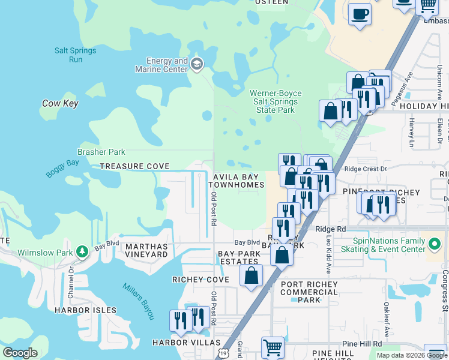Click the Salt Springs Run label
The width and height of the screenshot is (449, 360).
pos(75,55)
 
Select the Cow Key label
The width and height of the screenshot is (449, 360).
pos(60,104)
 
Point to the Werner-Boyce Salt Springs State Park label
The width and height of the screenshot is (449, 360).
pos(276,102)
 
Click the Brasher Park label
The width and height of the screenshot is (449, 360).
pos(97,152)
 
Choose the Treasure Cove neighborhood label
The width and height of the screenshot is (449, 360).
pos(134,166)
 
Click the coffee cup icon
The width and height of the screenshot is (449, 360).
pos(360,14)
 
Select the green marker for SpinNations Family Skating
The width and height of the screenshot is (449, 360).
pos(435,245)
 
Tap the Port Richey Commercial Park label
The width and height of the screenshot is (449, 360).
pos(309,292)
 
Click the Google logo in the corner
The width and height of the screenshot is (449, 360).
pos(20,352)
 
